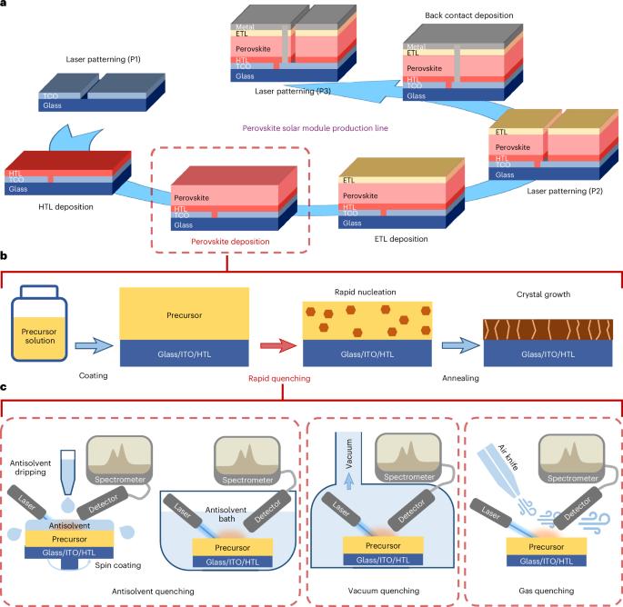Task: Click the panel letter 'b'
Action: tap(5, 258)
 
